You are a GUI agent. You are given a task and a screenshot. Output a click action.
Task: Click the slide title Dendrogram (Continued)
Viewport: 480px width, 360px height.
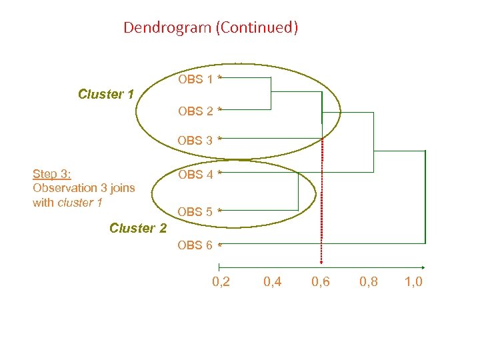pyautogui.click(x=211, y=28)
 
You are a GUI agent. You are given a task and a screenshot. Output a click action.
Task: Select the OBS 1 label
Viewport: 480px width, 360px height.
pyautogui.click(x=195, y=79)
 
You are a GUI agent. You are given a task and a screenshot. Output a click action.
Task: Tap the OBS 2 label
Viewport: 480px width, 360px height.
pyautogui.click(x=195, y=111)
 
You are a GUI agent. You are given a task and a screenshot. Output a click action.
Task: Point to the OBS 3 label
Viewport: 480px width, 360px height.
pyautogui.click(x=195, y=141)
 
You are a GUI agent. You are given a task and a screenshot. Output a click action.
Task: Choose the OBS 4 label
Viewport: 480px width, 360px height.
pyautogui.click(x=195, y=175)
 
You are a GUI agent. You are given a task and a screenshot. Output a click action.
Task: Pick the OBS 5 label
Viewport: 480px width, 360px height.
pyautogui.click(x=195, y=211)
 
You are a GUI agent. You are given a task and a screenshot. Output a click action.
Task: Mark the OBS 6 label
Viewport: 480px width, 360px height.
pyautogui.click(x=195, y=245)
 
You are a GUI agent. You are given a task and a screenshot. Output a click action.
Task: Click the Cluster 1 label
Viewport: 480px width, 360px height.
pyautogui.click(x=106, y=94)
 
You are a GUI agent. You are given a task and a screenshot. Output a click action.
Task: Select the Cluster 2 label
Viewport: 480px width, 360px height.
pyautogui.click(x=138, y=228)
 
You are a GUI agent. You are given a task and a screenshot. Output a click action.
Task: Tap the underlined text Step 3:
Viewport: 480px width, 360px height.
pyautogui.click(x=52, y=174)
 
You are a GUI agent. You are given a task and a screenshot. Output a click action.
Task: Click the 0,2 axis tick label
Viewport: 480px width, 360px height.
pyautogui.click(x=221, y=282)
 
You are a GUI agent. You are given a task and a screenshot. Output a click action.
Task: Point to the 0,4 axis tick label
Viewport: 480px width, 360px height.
pyautogui.click(x=272, y=282)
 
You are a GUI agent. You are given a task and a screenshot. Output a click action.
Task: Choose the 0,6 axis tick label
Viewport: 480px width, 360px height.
pyautogui.click(x=321, y=282)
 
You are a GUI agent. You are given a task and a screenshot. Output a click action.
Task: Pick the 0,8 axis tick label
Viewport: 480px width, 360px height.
pyautogui.click(x=368, y=282)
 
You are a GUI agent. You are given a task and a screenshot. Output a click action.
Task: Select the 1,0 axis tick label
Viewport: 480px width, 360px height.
pyautogui.click(x=413, y=282)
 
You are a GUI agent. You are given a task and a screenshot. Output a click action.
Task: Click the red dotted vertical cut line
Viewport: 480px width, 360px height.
pyautogui.click(x=321, y=200)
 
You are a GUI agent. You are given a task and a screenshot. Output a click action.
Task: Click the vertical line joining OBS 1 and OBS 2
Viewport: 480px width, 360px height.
pyautogui.click(x=271, y=93)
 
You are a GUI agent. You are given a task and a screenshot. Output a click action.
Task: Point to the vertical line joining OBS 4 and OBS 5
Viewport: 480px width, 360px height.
pyautogui.click(x=296, y=192)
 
